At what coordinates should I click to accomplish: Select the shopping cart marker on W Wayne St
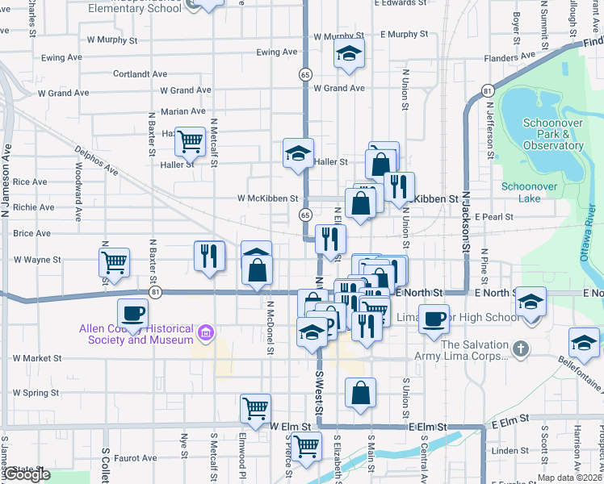click(114, 261)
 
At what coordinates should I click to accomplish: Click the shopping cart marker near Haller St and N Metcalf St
click(190, 141)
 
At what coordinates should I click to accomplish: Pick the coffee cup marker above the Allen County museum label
click(132, 312)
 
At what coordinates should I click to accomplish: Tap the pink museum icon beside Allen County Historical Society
click(206, 332)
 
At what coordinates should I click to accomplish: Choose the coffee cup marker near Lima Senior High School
click(434, 318)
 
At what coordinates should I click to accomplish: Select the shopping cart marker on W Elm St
click(255, 407)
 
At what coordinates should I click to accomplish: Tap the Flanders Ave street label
click(510, 58)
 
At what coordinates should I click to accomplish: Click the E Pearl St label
click(494, 217)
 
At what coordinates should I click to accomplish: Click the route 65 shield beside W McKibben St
click(304, 215)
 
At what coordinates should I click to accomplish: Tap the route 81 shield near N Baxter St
click(156, 292)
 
